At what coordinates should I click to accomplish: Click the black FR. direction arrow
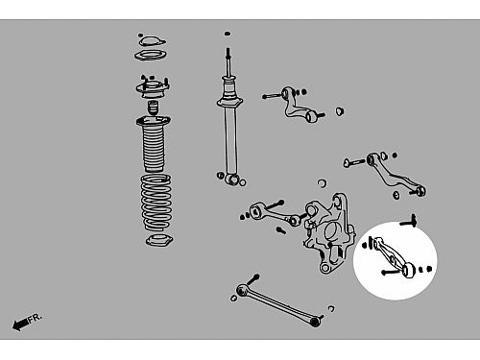20,324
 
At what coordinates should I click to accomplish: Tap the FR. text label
35,318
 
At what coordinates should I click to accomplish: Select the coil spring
156,203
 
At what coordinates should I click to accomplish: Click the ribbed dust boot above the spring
154,144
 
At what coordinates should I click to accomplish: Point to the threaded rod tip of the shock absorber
228,51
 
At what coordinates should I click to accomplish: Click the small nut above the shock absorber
228,34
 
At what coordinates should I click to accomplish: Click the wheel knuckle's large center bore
332,231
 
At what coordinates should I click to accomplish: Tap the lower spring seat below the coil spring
159,240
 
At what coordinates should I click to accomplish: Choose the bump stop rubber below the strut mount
153,108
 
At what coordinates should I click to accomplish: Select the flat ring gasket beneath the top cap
151,56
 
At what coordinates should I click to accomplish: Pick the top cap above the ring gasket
153,41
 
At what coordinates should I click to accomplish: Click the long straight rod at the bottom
278,304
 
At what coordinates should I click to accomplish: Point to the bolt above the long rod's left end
252,279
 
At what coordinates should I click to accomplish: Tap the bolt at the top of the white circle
409,221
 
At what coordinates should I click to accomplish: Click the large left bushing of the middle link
256,212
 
